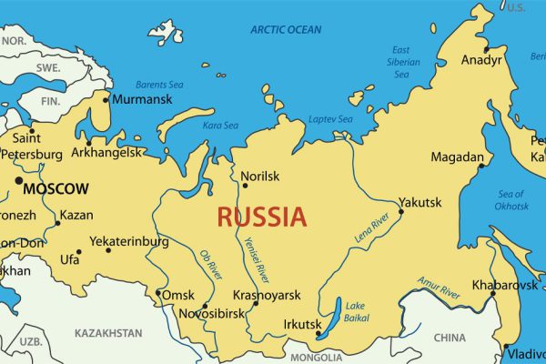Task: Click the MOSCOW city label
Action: click(x=56, y=189)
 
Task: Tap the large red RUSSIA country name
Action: click(x=261, y=217)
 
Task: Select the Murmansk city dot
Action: click(x=106, y=99)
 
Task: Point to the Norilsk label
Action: click(x=260, y=176)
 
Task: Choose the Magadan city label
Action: click(x=457, y=157)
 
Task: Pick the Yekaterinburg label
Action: click(x=128, y=242)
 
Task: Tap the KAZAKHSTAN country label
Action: click(x=108, y=333)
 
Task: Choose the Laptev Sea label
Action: click(x=332, y=119)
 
